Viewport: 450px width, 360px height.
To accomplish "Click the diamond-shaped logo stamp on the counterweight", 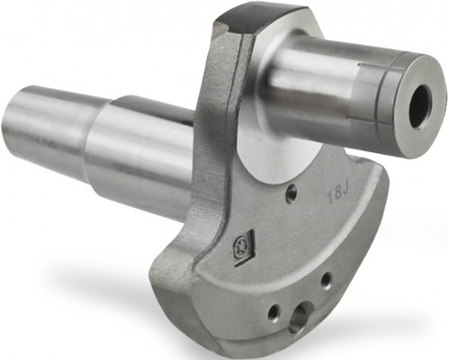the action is click(244, 247).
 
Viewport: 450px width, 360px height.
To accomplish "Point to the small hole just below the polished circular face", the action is click(292, 190).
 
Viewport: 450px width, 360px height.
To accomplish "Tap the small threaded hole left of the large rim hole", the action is click(274, 312).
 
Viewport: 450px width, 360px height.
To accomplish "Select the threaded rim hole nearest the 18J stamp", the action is click(326, 281).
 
